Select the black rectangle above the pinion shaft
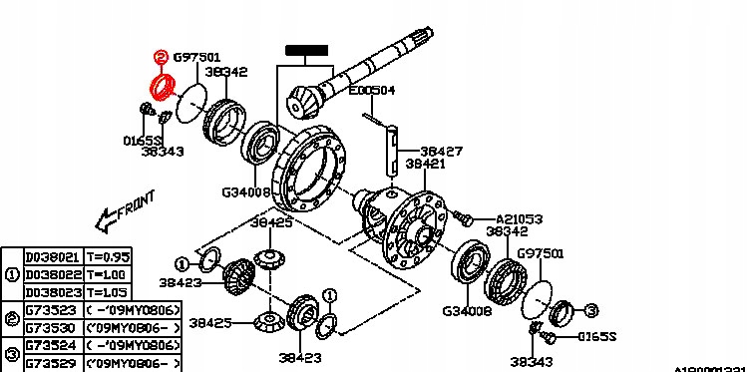tap(306, 47)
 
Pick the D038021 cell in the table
tap(45, 256)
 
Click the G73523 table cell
tap(45, 310)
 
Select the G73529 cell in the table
tap(45, 365)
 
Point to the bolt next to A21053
tap(461, 215)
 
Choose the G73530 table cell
tap(45, 328)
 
